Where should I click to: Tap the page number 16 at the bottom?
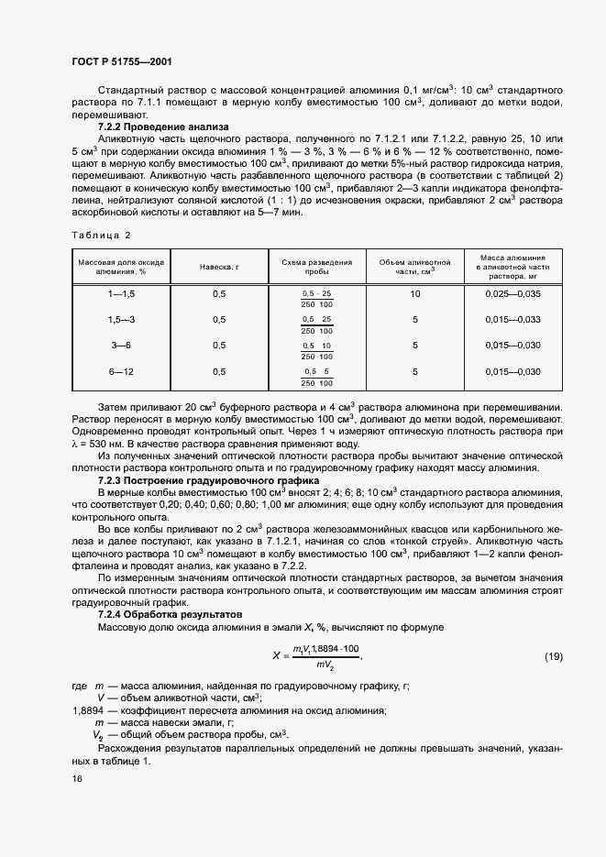pyautogui.click(x=76, y=778)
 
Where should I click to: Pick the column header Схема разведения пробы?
pyautogui.click(x=317, y=266)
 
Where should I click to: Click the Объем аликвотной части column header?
pyautogui.click(x=414, y=266)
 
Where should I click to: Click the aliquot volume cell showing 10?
pyautogui.click(x=414, y=293)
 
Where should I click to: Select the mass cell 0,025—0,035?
pyautogui.click(x=512, y=293)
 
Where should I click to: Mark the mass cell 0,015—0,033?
pyautogui.click(x=512, y=319)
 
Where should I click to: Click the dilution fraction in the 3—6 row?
pyautogui.click(x=317, y=350)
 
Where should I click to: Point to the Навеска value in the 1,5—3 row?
pyautogui.click(x=218, y=319)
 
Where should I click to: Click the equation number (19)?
pyautogui.click(x=553, y=656)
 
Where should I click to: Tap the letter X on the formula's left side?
pyautogui.click(x=275, y=656)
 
